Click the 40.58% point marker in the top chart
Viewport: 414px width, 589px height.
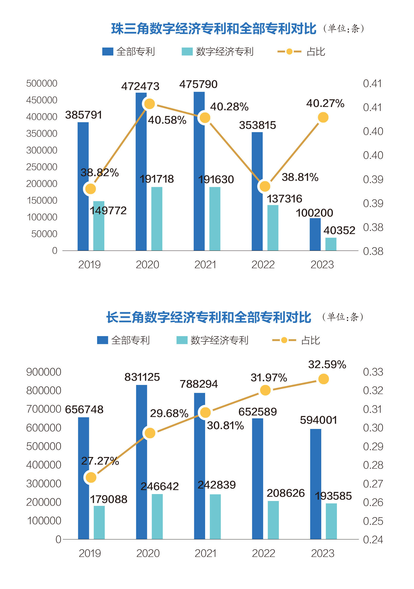pos(149,104)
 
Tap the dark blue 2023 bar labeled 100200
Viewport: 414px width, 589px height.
pos(315,234)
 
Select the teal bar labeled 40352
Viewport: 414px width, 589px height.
pos(331,244)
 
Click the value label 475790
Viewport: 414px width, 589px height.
pos(198,84)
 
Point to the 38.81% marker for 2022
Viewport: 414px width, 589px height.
pos(265,186)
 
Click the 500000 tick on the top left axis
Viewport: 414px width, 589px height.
pos(42,83)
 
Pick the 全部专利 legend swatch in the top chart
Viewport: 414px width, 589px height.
pos(108,51)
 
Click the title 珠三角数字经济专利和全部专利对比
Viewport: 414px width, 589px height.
pos(214,29)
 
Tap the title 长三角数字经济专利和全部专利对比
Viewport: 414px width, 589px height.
pos(209,317)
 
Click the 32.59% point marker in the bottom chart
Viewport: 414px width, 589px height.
pos(324,379)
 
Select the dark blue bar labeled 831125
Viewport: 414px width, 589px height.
pos(142,462)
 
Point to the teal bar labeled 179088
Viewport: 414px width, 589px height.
pos(99,522)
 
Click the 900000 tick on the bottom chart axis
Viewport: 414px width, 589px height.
pos(44,372)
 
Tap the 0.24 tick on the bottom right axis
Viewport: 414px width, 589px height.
pos(373,540)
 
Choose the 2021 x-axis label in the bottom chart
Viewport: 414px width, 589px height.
pos(206,553)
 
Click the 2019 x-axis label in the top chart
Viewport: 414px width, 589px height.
pos(89,265)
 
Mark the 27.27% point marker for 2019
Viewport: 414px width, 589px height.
pos(91,478)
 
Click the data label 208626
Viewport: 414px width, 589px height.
pos(286,493)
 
